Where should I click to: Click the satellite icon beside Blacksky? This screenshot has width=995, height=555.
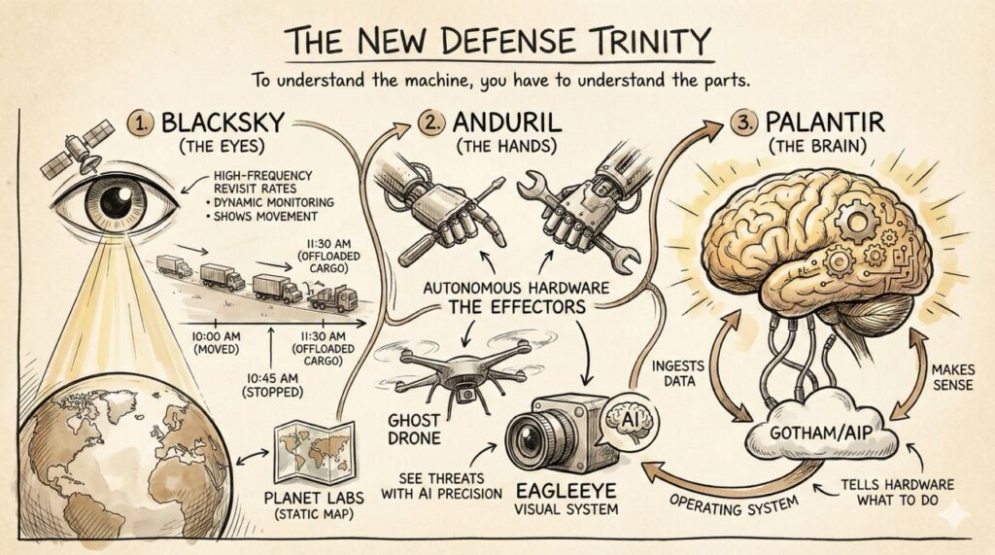point(66,155)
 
